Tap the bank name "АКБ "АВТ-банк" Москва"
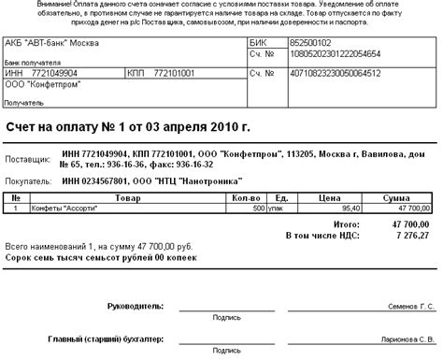tap(55, 43)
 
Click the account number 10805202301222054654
tap(333, 56)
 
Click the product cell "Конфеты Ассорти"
tap(63, 209)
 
